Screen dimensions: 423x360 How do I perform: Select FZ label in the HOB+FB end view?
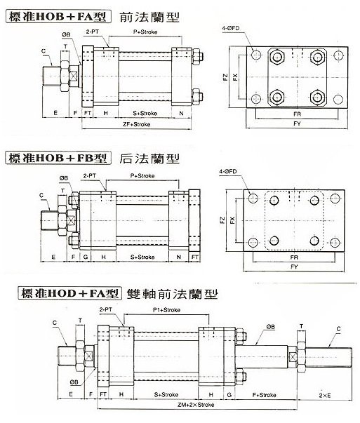(x=222, y=220)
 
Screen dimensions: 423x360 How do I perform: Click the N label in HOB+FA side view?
(x=182, y=112)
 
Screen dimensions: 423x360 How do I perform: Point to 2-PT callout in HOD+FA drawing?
(x=107, y=308)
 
